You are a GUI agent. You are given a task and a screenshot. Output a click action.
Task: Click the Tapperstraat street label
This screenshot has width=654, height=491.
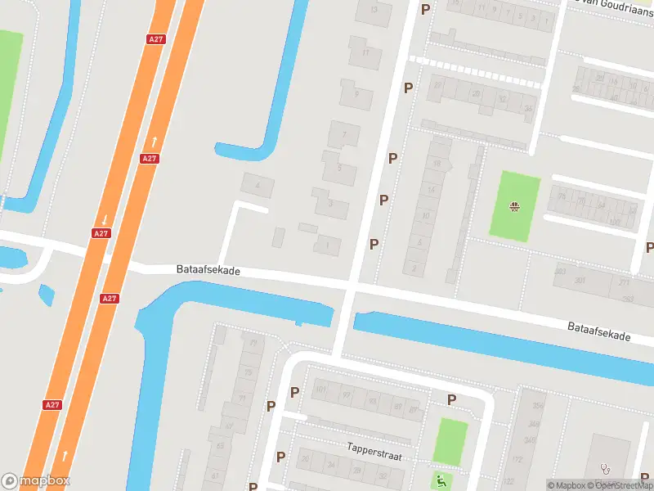click(x=374, y=449)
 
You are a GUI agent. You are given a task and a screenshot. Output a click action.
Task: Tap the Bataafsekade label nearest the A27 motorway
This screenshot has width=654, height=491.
click(x=208, y=269)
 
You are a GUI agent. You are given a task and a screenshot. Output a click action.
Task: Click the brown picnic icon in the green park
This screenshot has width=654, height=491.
click(x=515, y=206)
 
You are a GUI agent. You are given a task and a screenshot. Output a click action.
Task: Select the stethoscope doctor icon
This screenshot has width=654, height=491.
click(x=606, y=469)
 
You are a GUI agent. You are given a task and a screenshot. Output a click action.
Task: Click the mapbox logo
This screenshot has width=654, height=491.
click(x=36, y=481)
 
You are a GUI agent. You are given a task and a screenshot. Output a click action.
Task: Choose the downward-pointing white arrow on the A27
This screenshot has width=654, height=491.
click(x=105, y=218)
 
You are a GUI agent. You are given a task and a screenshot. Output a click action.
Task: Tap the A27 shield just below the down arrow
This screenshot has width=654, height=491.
click(x=101, y=233)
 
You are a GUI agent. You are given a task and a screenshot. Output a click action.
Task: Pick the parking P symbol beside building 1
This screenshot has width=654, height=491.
click(x=374, y=244)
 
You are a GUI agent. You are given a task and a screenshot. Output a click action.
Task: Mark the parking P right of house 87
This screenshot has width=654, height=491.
click(x=450, y=399)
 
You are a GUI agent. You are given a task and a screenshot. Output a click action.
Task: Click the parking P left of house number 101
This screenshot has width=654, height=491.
click(x=294, y=392)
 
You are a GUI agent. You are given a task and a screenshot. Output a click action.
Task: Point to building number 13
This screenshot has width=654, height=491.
click(x=374, y=10)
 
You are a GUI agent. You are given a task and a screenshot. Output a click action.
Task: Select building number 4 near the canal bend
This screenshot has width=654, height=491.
click(x=258, y=186)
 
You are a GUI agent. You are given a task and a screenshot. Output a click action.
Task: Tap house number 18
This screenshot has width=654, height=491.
click(x=437, y=164)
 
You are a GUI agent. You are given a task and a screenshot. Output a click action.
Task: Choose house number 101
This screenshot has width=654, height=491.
click(x=320, y=389)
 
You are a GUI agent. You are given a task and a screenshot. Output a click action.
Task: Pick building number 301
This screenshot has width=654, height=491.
click(x=580, y=281)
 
